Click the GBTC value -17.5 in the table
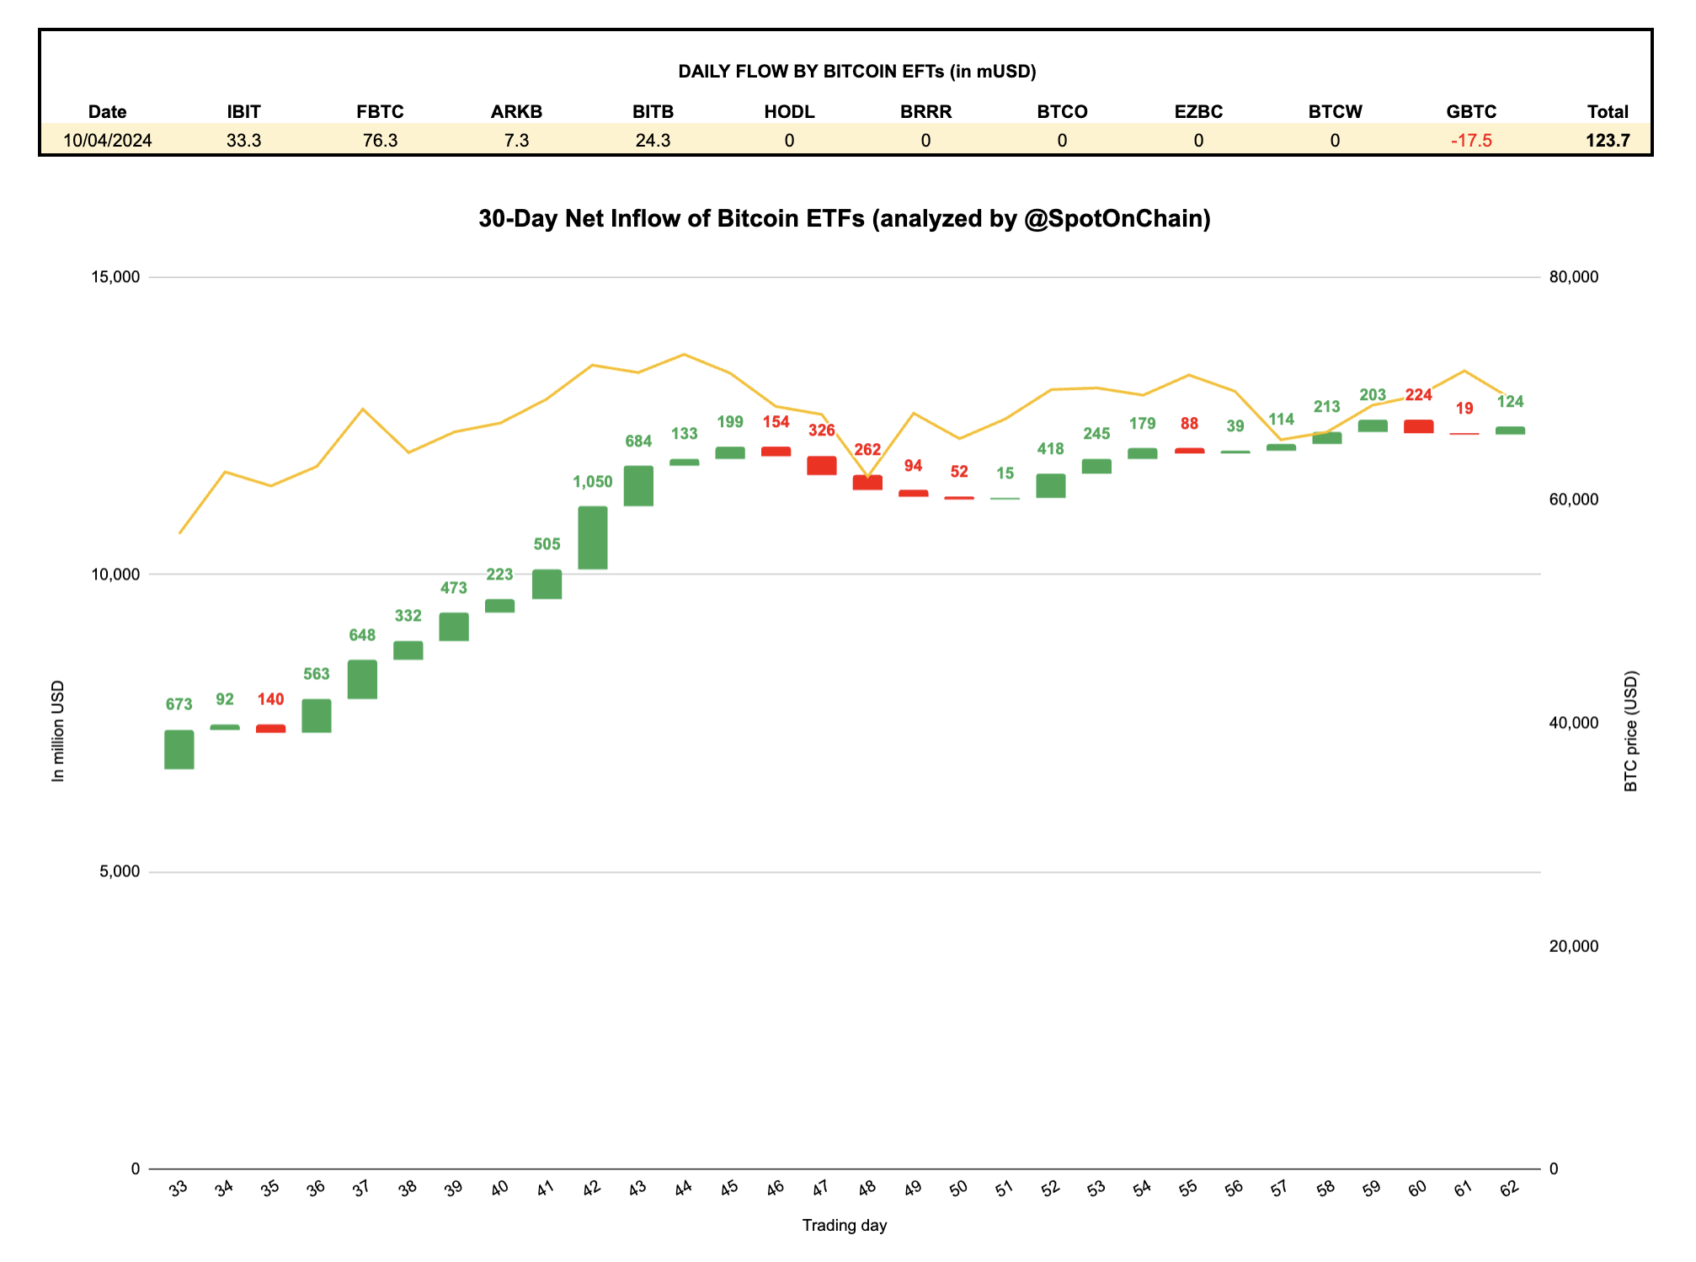click(x=1471, y=141)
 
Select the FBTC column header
click(x=380, y=112)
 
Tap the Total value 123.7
click(x=1608, y=141)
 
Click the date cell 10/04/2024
click(x=108, y=141)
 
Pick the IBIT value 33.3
click(x=243, y=141)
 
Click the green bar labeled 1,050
click(x=593, y=537)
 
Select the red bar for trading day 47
click(x=822, y=465)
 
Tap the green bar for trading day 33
click(x=179, y=749)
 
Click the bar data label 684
click(x=638, y=441)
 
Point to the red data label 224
click(x=1419, y=395)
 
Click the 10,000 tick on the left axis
click(x=115, y=575)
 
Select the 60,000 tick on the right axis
click(x=1574, y=500)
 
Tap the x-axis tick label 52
click(x=1050, y=1189)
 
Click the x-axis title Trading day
click(x=845, y=1226)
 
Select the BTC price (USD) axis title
click(x=1631, y=731)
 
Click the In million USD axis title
click(x=58, y=731)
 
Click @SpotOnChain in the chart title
click(x=1117, y=219)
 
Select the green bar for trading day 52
click(x=1051, y=485)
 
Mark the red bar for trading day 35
click(x=271, y=729)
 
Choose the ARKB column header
click(x=516, y=112)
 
